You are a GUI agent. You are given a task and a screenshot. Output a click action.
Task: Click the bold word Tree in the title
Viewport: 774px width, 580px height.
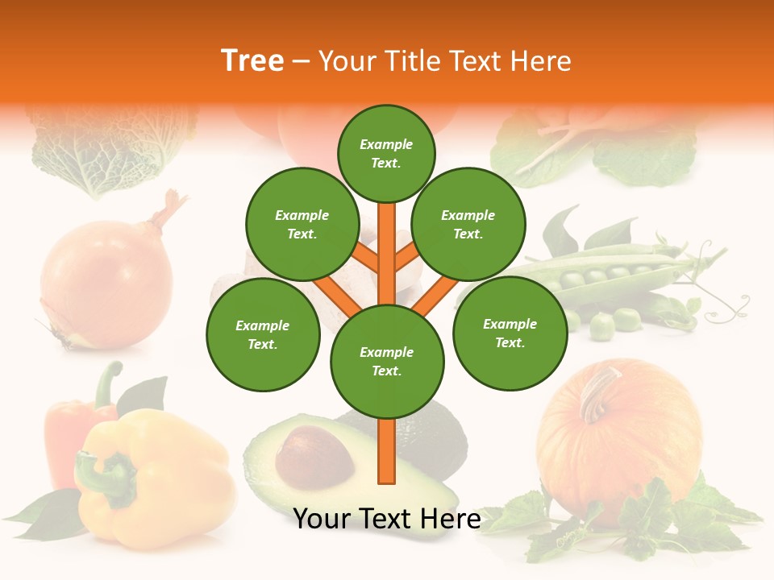(x=252, y=60)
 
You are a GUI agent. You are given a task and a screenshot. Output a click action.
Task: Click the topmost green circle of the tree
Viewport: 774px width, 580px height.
(x=386, y=153)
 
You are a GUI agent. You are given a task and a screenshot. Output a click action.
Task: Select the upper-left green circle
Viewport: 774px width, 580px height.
(x=302, y=224)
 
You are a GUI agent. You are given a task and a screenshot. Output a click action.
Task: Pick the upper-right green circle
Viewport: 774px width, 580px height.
(x=468, y=224)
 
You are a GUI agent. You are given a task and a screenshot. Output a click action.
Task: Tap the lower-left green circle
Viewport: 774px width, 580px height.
(x=263, y=334)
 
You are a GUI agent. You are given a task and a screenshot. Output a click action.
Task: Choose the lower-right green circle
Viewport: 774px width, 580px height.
(x=510, y=333)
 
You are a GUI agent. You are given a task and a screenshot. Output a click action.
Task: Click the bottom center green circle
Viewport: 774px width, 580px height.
(x=387, y=361)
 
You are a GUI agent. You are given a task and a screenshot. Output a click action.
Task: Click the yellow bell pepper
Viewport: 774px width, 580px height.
(x=161, y=483)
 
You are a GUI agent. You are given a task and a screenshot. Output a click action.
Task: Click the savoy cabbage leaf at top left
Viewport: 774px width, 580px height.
(x=113, y=149)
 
